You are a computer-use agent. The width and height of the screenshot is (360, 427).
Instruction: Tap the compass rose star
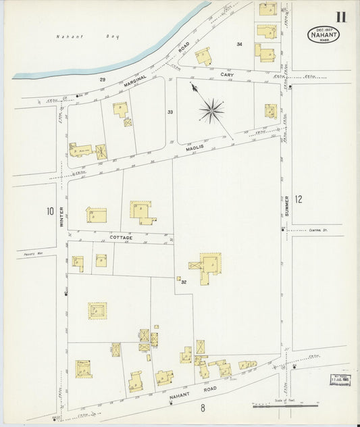[212, 107]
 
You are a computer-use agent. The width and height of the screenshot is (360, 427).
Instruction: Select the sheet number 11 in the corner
[340, 17]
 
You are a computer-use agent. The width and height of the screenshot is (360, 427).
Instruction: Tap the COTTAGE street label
[122, 238]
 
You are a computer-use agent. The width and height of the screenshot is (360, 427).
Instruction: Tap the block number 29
[103, 80]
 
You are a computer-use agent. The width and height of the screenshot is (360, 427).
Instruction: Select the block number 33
[170, 111]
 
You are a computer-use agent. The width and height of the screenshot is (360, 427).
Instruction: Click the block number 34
[239, 44]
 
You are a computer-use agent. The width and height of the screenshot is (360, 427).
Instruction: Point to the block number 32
[183, 282]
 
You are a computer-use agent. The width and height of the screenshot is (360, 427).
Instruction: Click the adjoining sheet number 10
[49, 211]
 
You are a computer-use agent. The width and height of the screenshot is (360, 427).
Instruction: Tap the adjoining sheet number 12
[299, 199]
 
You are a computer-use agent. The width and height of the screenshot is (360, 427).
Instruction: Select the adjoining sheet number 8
[202, 407]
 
